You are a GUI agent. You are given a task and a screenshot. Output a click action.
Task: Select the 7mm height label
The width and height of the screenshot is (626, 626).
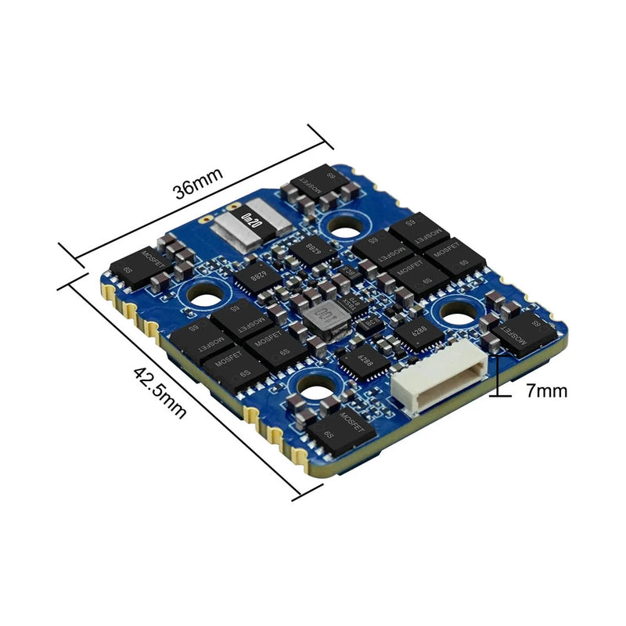point(546,390)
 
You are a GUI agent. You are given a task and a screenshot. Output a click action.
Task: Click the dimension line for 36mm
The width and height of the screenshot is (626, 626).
point(196,204)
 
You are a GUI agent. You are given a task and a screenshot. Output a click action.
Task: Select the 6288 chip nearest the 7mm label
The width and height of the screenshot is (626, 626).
point(415,333)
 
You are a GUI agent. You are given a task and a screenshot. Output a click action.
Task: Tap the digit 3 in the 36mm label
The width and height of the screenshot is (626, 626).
point(179,193)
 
